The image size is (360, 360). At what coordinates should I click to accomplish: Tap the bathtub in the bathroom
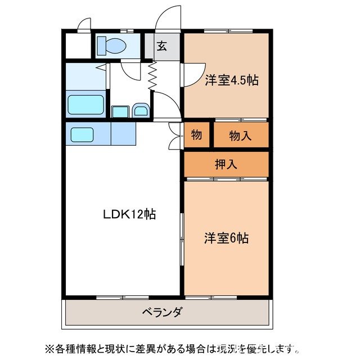85,105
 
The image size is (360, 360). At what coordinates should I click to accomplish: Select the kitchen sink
82,134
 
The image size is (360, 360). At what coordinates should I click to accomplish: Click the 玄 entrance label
161,47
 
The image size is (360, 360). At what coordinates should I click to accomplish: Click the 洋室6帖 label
226,238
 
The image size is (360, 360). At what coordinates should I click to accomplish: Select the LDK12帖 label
129,214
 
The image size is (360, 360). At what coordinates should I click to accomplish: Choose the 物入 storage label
240,135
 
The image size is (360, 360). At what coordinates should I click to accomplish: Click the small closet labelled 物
196,135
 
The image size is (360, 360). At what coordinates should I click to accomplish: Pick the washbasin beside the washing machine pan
141,111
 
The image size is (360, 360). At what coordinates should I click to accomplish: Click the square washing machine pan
120,111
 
